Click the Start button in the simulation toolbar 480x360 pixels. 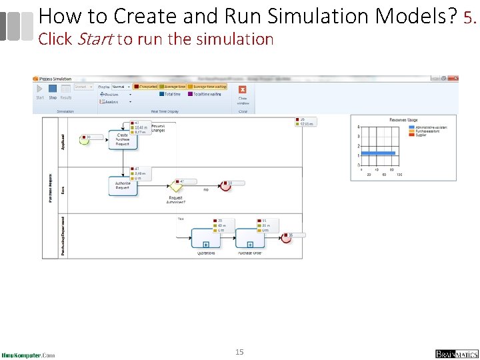[39, 89]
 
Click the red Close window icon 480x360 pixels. [243, 90]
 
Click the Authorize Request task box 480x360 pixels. [123, 185]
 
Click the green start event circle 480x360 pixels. [83, 139]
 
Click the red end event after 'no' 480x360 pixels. [225, 185]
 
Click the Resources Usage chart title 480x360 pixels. [403, 120]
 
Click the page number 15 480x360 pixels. [239, 351]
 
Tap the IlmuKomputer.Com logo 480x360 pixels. [28, 355]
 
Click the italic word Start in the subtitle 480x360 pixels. [95, 39]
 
